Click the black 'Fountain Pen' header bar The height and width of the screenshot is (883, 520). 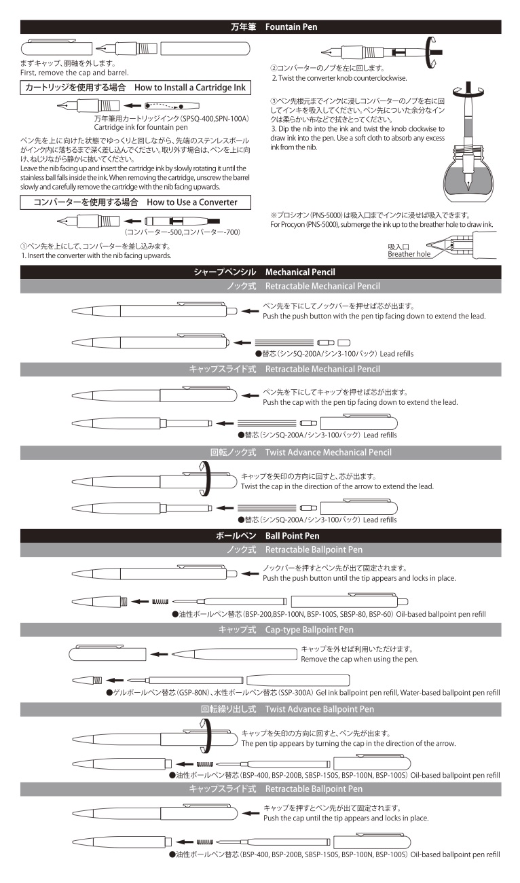coord(261,27)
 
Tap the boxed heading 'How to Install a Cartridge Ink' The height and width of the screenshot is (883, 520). coord(134,88)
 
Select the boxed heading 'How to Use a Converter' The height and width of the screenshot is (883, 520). coord(134,202)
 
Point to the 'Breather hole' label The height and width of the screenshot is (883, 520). coord(409,255)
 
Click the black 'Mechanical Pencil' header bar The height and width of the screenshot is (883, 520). coord(261,272)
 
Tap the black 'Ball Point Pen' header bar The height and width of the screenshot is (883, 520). coord(261,536)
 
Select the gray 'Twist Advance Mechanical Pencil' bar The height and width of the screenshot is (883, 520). coord(261,452)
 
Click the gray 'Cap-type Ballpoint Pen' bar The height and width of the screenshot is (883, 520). coord(261,630)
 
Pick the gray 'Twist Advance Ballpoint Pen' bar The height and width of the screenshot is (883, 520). coord(261,709)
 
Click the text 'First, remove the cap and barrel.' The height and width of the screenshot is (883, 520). coord(74,72)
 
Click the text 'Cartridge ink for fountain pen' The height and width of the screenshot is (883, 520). coord(141,126)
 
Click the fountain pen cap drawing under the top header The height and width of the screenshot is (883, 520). coord(56,48)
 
